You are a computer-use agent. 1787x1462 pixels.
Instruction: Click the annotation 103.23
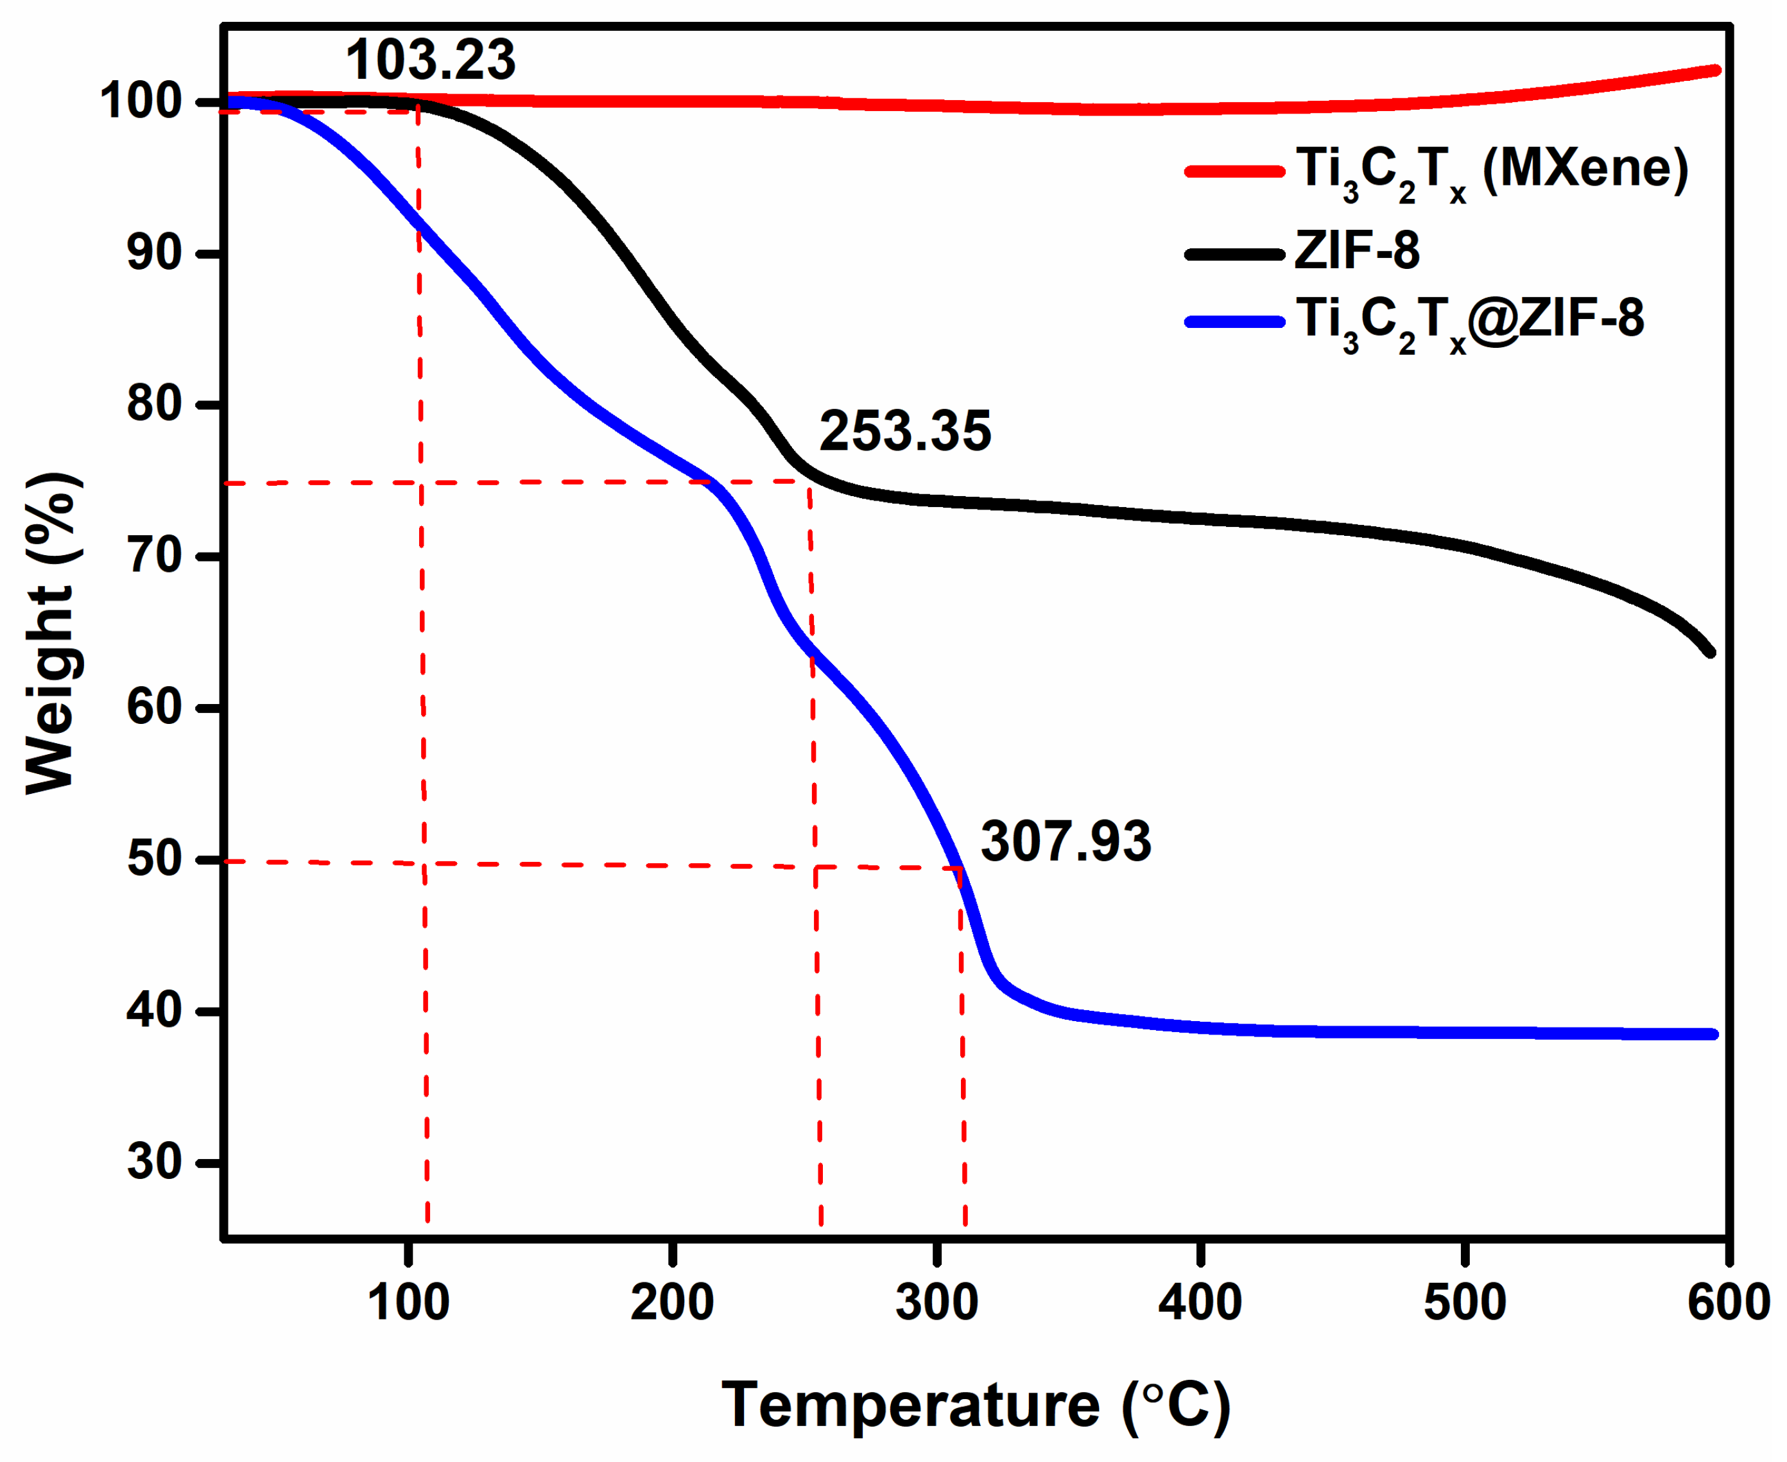point(430,60)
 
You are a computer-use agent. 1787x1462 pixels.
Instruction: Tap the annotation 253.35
point(905,432)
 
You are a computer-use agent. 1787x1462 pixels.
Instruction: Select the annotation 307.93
point(1066,841)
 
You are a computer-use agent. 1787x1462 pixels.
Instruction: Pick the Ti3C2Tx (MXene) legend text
point(1491,170)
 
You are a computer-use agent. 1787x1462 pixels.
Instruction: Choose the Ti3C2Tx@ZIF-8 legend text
point(1469,321)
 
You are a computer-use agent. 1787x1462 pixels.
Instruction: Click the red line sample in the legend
point(1234,172)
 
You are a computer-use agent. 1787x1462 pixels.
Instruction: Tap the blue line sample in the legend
point(1234,322)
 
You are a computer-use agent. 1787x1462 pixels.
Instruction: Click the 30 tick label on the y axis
point(154,1162)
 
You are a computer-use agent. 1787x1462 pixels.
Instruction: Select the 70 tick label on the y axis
point(154,556)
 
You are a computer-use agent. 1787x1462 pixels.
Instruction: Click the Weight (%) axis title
point(52,633)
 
